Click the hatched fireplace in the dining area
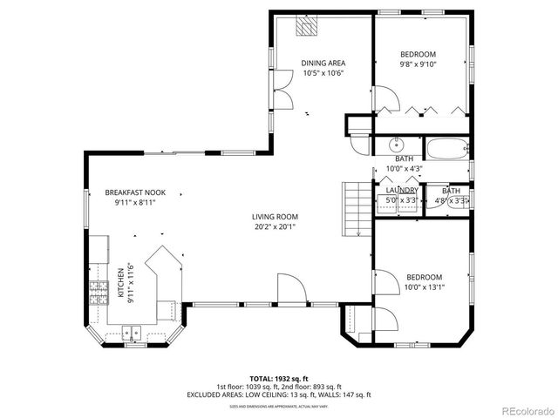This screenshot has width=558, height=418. pyautogui.click(x=306, y=29)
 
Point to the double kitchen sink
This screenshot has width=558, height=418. pyautogui.click(x=133, y=331)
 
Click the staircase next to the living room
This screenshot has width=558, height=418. pyautogui.click(x=353, y=209)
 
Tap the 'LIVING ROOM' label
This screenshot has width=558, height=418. pyautogui.click(x=276, y=217)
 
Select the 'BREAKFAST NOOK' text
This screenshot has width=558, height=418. pyautogui.click(x=135, y=192)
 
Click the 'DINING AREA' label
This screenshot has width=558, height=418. pyautogui.click(x=323, y=63)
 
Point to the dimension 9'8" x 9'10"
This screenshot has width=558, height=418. pyautogui.click(x=418, y=64)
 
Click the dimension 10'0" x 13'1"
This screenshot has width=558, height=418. pyautogui.click(x=424, y=287)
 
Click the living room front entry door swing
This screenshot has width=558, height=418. pyautogui.click(x=289, y=287)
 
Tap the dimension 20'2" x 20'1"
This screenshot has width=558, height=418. pyautogui.click(x=276, y=227)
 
